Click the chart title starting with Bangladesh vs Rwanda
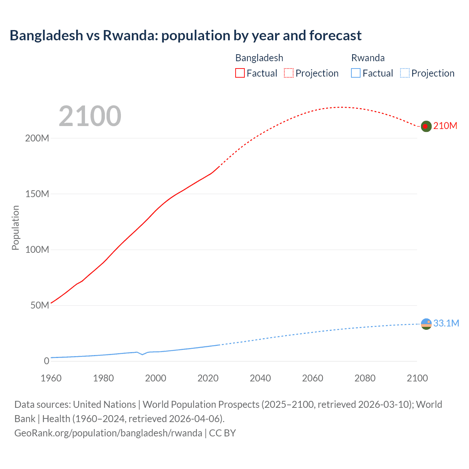tap(185, 36)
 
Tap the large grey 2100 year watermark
tap(90, 116)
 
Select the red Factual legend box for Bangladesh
tap(240, 73)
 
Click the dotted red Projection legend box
tap(289, 73)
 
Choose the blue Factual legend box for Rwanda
tap(356, 73)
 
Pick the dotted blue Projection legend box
tap(405, 73)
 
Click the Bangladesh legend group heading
tap(259, 58)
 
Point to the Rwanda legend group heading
tap(368, 58)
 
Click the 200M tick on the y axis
tap(37, 138)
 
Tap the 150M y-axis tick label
tap(37, 194)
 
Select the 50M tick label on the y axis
tap(40, 305)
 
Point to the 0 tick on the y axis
tap(46, 361)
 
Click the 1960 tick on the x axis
tap(51, 378)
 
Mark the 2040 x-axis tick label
tap(260, 378)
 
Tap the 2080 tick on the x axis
tap(365, 378)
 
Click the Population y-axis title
tap(15, 228)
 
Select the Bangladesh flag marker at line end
tap(426, 126)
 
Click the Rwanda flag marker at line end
tap(426, 324)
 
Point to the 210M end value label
tap(445, 126)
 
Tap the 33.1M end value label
tap(446, 323)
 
